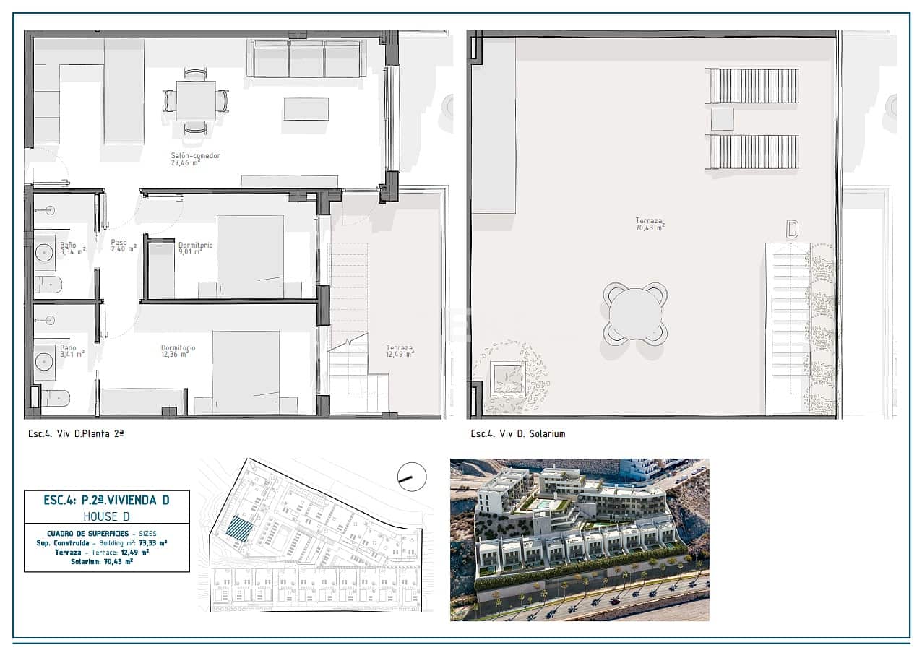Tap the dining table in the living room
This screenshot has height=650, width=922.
[x=196, y=101]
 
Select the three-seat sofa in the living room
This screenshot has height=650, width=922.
[x=306, y=58]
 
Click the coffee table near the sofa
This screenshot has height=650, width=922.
[x=306, y=109]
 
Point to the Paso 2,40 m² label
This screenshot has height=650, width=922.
[x=119, y=246]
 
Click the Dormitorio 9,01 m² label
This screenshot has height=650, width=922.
[x=195, y=248]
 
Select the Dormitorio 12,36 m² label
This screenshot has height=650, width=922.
[x=178, y=351]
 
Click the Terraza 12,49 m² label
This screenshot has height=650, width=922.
[x=400, y=350]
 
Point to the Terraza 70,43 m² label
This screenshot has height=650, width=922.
[x=650, y=224]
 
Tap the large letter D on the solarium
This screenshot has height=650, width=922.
[x=792, y=230]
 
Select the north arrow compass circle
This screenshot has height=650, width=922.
[x=412, y=477]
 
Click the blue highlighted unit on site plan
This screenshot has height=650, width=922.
[x=238, y=529]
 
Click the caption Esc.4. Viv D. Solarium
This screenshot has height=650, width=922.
[x=517, y=433]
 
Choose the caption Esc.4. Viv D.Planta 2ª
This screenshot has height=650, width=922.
[x=76, y=433]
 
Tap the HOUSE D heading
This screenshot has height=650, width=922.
[x=106, y=516]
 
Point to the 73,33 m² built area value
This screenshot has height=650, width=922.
[x=152, y=542]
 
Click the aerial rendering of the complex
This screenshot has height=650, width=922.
[x=579, y=539]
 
